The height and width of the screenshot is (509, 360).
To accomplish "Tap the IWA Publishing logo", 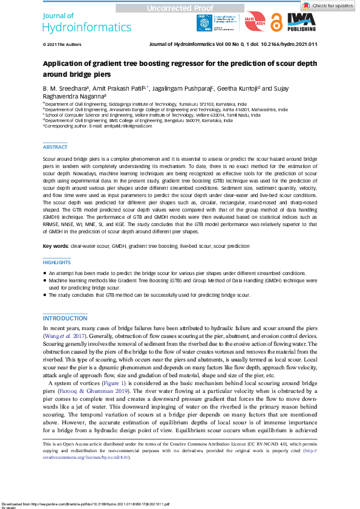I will pyautogui.click(x=302, y=23).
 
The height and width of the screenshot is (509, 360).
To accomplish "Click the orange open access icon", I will pyautogui.click(x=277, y=22).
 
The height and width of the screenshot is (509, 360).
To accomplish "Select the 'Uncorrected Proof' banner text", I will pyautogui.click(x=180, y=8).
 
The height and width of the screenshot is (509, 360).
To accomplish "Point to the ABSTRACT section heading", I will pyautogui.click(x=55, y=147).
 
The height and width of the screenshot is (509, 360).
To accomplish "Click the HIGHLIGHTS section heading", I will pyautogui.click(x=57, y=263).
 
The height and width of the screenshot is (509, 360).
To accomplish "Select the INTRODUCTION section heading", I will pyautogui.click(x=65, y=318).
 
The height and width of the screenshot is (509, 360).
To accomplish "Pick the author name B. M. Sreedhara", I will pyautogui.click(x=64, y=88).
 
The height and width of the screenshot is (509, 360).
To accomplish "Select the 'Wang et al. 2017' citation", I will pyautogui.click(x=63, y=335).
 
